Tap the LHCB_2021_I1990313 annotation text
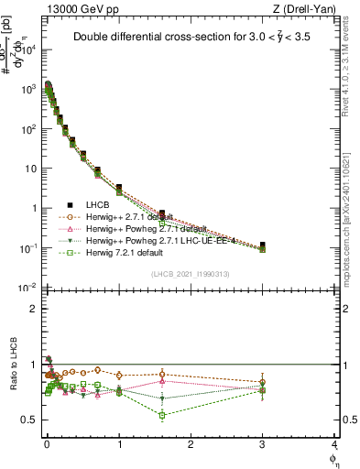(x=190, y=275)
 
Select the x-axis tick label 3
(x=262, y=445)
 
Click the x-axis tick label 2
(x=190, y=445)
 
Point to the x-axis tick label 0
(x=47, y=445)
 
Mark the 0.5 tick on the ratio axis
(x=34, y=420)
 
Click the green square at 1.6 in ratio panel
(x=162, y=415)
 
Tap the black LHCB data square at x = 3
(x=263, y=245)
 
